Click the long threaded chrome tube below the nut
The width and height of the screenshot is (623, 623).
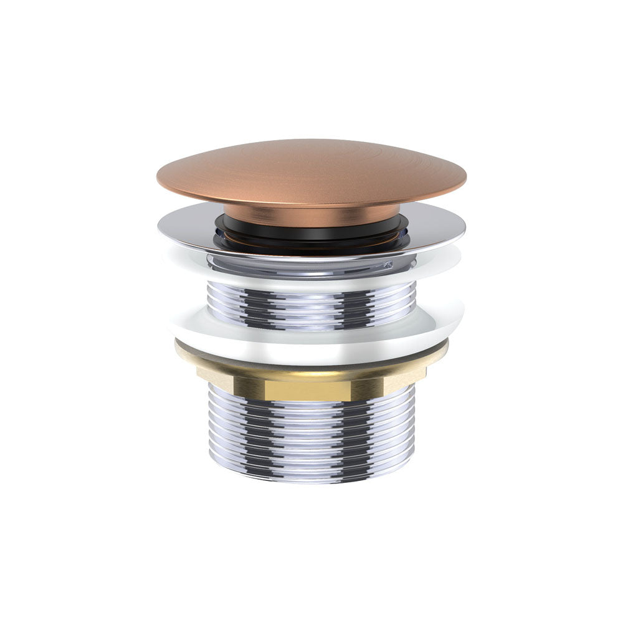[311, 436]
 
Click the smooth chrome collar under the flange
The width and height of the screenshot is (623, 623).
[311, 265]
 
